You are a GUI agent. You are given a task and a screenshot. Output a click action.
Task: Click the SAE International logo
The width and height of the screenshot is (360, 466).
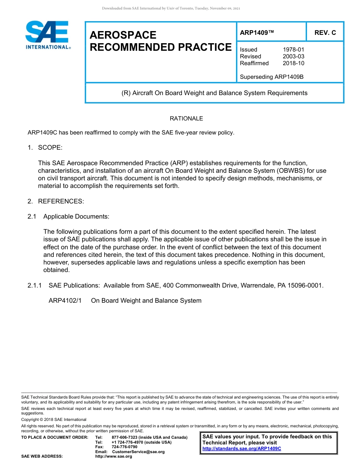pyautogui.click(x=47, y=35)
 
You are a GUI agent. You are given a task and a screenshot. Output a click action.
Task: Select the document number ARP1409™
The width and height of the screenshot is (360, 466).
pyautogui.click(x=257, y=33)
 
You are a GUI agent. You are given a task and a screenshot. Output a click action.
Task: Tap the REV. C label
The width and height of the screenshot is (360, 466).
pyautogui.click(x=325, y=33)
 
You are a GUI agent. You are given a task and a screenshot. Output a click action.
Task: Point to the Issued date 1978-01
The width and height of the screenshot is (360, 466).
pyautogui.click(x=293, y=50)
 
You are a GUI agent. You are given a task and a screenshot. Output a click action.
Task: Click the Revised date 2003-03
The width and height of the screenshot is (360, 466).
pyautogui.click(x=293, y=56)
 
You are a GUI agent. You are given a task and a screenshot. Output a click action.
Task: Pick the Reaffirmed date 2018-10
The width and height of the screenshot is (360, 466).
pyautogui.click(x=293, y=63)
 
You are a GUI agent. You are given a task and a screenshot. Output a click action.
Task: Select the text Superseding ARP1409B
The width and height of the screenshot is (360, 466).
pyautogui.click(x=272, y=77)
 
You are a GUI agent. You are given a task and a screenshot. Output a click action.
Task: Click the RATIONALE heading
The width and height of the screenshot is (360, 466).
pyautogui.click(x=186, y=119)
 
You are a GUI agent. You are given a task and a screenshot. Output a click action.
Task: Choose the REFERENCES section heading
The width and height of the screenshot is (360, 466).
pyautogui.click(x=61, y=201)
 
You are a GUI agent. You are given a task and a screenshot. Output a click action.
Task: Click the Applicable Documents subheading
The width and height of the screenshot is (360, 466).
pyautogui.click(x=76, y=216)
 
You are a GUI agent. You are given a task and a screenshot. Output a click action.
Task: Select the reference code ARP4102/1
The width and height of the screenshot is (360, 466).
pyautogui.click(x=65, y=300)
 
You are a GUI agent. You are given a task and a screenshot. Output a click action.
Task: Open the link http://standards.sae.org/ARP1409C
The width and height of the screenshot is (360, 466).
pyautogui.click(x=242, y=449)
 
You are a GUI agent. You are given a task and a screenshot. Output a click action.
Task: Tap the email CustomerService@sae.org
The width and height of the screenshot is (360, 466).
pyautogui.click(x=138, y=452)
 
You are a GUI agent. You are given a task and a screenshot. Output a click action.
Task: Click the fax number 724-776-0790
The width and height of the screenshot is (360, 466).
pyautogui.click(x=125, y=447)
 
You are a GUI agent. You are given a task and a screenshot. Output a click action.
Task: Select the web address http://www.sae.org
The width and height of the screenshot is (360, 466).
pyautogui.click(x=114, y=457)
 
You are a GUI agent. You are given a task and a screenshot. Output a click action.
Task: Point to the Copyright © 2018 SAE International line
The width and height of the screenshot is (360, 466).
pyautogui.click(x=54, y=419)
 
